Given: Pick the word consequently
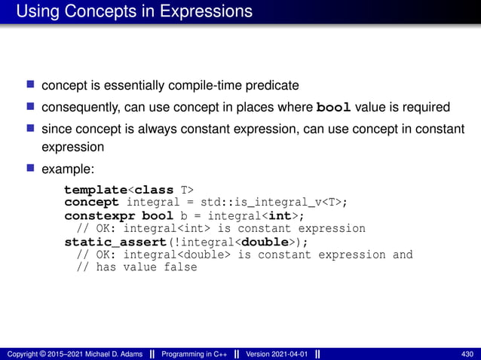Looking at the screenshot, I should tap(79, 107).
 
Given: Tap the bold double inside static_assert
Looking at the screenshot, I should tap(269, 242).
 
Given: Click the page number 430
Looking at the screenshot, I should tap(467, 353).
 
